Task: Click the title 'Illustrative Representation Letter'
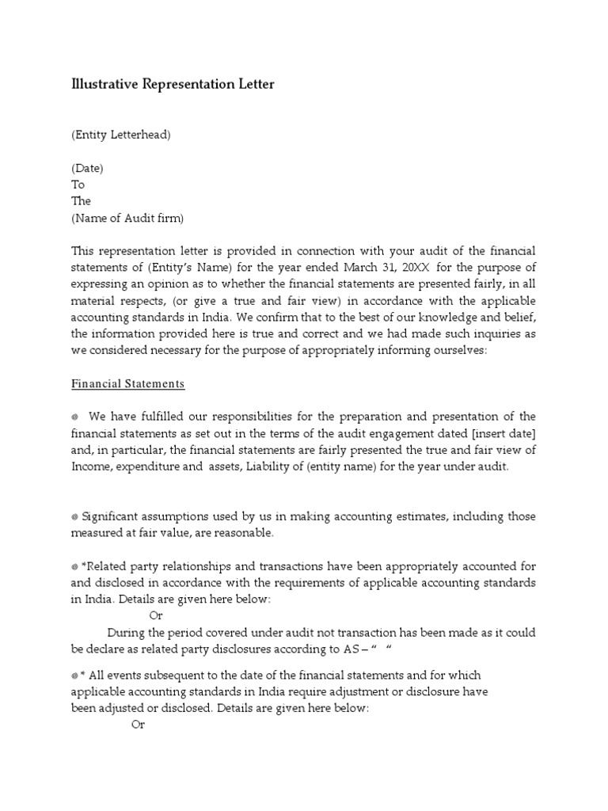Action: [x=173, y=84]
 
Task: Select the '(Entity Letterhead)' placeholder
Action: [x=121, y=135]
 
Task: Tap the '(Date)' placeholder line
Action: [x=87, y=168]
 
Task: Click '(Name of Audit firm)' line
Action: [x=127, y=218]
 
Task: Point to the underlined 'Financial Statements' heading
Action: [x=127, y=384]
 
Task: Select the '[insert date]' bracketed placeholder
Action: [x=503, y=434]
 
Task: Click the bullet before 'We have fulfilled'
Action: [x=74, y=417]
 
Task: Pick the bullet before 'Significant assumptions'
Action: [x=74, y=517]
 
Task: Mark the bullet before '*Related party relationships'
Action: [x=74, y=567]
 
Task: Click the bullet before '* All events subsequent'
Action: [x=74, y=676]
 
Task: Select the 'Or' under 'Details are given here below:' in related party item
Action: [x=156, y=615]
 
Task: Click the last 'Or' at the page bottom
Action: [x=138, y=725]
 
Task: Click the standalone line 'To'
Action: [x=78, y=185]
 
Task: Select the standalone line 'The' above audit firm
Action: [x=81, y=201]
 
